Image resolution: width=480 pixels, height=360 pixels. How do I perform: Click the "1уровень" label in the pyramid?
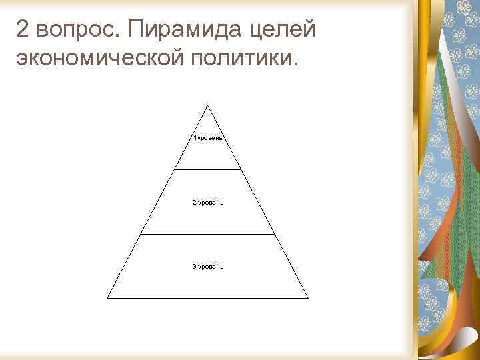208,139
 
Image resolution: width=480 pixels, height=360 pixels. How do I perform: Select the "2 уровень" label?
207,202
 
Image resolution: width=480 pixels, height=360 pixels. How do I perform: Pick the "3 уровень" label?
208,266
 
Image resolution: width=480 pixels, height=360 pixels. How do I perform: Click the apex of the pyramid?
208,105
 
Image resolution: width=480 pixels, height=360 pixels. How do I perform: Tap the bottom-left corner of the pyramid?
108,297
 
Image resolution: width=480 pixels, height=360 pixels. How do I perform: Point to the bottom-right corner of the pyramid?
308,297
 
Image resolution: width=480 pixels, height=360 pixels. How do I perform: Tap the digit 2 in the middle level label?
194,202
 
